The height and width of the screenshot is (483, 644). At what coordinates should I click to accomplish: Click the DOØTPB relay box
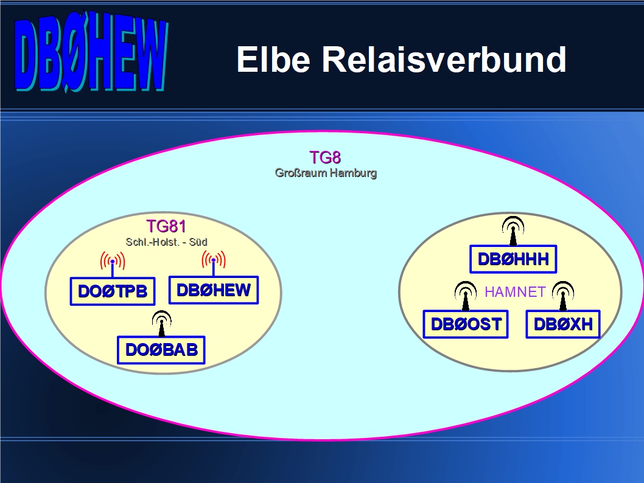coord(113,291)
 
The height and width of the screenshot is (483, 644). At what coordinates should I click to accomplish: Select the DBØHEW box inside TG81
coord(214,290)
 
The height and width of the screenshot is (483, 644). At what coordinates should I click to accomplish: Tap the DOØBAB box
coord(161,350)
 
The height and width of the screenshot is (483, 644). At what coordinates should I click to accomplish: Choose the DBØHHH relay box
coord(513,259)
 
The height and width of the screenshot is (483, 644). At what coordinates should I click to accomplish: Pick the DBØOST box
coord(466,324)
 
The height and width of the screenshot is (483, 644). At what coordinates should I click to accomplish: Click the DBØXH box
coord(563,324)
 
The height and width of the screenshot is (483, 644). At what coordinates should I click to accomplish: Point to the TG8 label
coord(325,157)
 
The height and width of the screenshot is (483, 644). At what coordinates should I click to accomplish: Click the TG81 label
coord(166,226)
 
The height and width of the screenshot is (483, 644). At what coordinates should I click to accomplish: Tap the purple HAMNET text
coord(515,292)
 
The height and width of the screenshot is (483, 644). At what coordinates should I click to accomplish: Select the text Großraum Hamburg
coord(326,173)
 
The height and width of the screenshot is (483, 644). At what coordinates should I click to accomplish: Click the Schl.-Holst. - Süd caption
coord(166,242)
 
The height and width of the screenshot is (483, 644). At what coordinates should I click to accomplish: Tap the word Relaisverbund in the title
coord(444,60)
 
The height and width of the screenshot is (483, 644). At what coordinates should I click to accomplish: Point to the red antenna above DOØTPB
coord(113,264)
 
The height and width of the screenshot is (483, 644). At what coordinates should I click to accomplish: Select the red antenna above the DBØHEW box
coord(214,263)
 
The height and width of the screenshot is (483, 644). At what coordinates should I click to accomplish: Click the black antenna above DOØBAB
coord(161,324)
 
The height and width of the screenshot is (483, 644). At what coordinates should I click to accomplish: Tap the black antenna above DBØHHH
coord(513,231)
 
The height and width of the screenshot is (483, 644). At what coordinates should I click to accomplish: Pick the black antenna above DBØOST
coord(465,296)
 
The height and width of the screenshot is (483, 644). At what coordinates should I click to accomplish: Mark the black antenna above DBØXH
coord(563,296)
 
